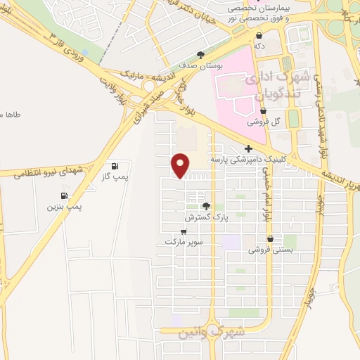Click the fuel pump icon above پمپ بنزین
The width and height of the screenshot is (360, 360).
(65, 195)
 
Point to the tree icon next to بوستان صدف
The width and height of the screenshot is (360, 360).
(201, 54)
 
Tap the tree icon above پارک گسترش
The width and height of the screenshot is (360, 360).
(206, 206)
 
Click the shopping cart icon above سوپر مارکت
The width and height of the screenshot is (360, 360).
(184, 231)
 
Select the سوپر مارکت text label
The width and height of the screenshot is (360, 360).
(184, 241)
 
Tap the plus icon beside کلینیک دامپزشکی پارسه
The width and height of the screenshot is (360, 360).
(247, 148)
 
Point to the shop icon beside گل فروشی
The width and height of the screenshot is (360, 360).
(263, 110)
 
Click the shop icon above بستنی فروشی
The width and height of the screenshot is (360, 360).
(270, 239)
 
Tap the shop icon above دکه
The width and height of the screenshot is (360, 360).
(259, 34)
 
